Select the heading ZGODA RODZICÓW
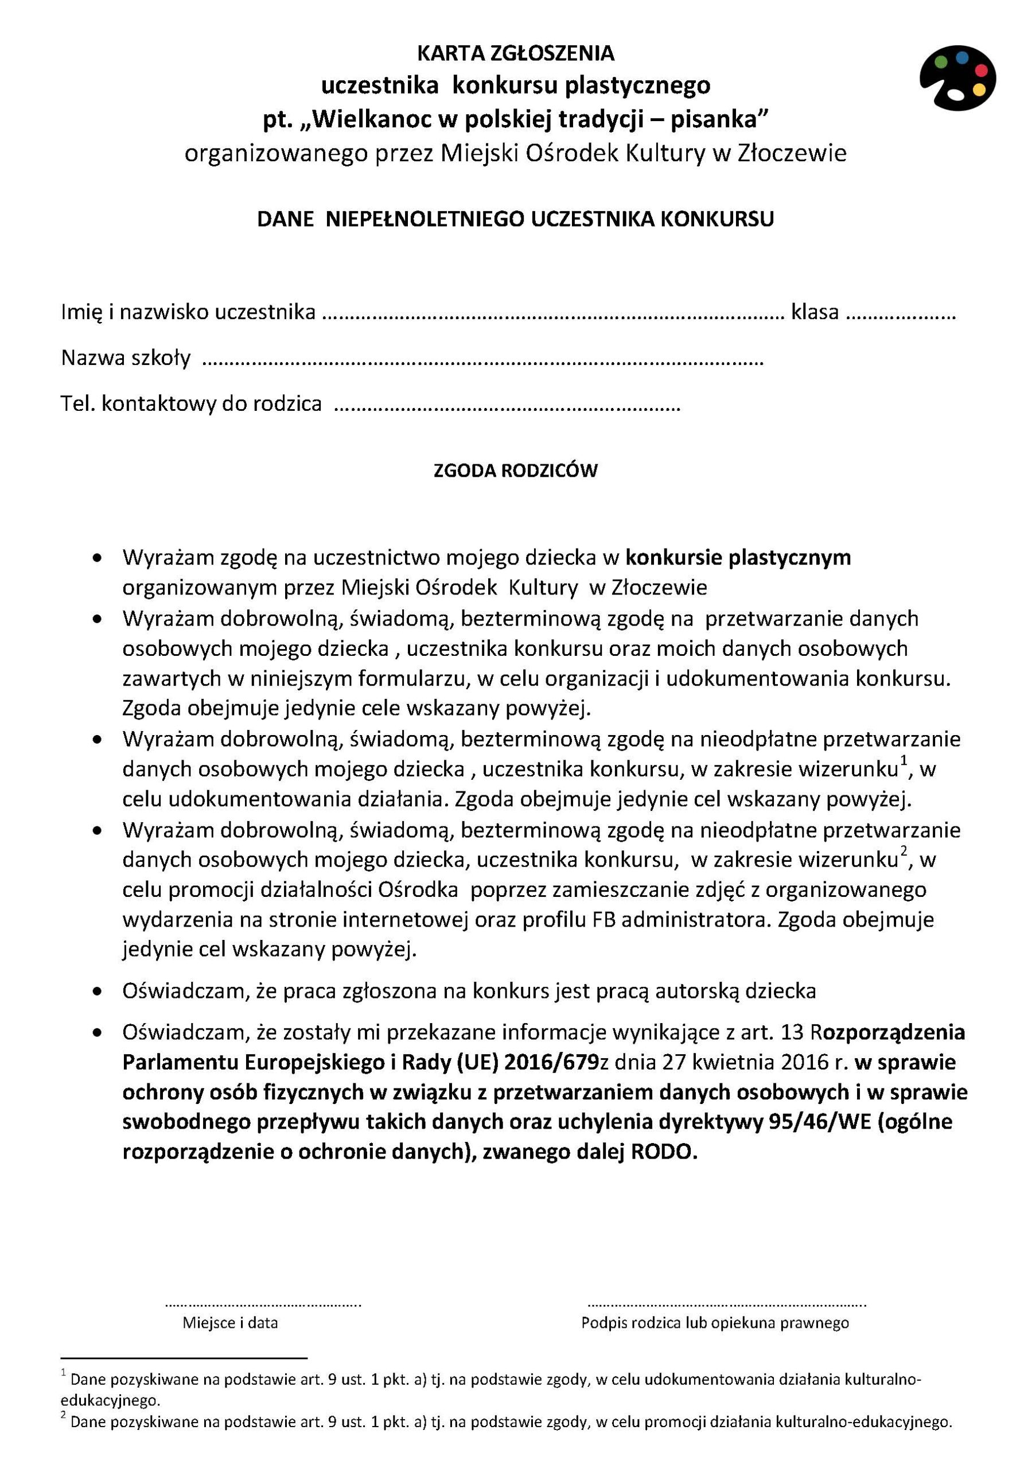click(515, 471)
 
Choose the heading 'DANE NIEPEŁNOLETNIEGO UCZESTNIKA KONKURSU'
click(515, 219)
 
